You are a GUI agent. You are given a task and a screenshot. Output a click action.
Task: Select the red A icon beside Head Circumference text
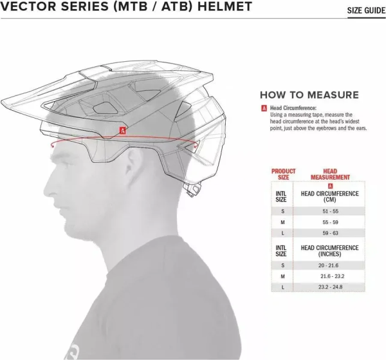pyautogui.click(x=264, y=109)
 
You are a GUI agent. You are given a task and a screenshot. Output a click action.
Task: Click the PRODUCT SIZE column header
pyautogui.click(x=283, y=175)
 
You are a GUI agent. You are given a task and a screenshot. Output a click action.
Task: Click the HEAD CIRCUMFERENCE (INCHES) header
pyautogui.click(x=330, y=251)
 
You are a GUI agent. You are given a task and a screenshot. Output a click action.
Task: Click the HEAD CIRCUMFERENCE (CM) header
pyautogui.click(x=330, y=196)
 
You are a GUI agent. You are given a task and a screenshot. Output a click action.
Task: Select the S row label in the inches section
pyautogui.click(x=282, y=265)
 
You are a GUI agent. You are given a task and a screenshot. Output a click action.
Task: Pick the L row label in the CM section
pyautogui.click(x=282, y=232)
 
